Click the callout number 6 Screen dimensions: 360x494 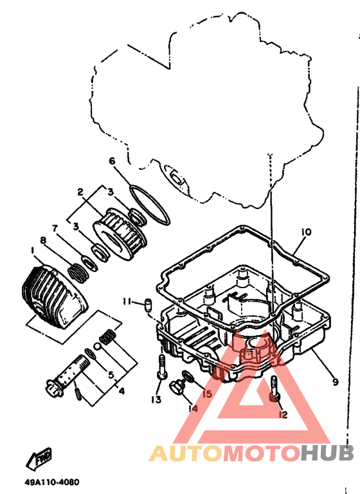coord(112,161)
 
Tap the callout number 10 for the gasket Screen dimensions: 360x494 coord(306,232)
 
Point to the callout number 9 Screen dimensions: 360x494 coord(335,382)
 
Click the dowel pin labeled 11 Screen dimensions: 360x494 coord(148,305)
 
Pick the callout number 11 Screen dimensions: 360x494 coord(127,302)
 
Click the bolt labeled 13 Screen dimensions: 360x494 coord(161,367)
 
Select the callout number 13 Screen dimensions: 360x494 coord(156,399)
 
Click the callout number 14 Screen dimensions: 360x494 coord(193,408)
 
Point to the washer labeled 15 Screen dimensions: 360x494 coord(188,376)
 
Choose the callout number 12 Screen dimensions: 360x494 coord(283,415)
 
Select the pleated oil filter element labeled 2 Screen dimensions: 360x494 coord(120,233)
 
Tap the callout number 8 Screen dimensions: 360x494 coord(43,241)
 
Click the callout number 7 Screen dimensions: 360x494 coord(55,228)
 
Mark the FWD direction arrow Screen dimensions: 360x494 coord(39,459)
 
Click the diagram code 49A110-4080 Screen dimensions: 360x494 coord(52,482)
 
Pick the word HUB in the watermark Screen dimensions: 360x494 coord(327,453)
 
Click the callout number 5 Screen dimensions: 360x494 coord(111,375)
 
